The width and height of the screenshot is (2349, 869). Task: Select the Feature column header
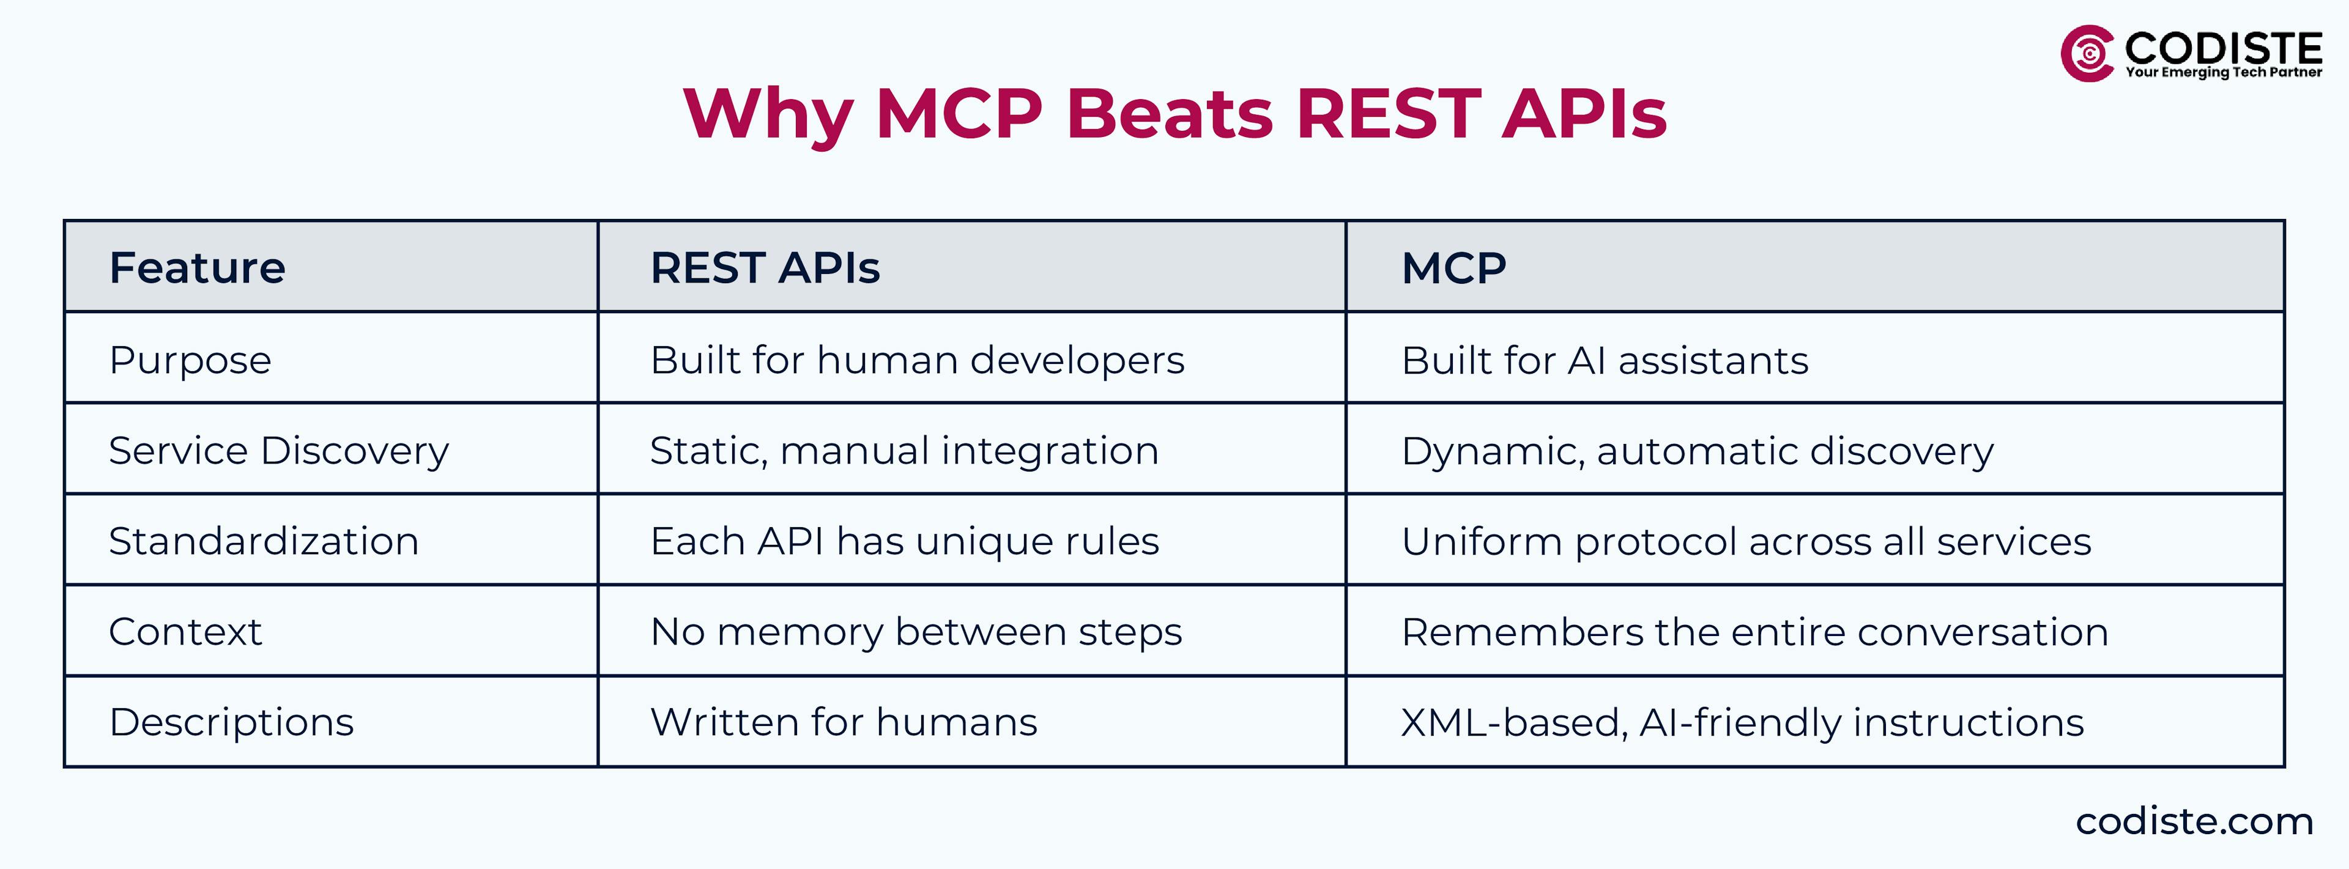pos(197,267)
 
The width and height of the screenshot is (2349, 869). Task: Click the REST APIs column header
pos(764,267)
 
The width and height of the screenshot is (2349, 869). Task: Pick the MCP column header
pos(1453,267)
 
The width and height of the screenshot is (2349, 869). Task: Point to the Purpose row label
pos(190,360)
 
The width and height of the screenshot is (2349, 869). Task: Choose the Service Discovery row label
pos(278,451)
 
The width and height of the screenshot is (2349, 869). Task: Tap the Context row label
pos(185,631)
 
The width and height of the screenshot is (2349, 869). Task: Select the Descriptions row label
pos(231,722)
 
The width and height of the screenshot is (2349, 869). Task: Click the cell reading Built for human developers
pos(916,360)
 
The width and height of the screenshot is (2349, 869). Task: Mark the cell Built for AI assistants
pos(1604,360)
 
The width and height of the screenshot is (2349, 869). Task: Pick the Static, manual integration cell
pos(904,451)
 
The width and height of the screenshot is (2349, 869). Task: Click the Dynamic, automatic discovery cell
pos(1697,451)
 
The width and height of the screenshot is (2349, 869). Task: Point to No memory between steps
pos(916,631)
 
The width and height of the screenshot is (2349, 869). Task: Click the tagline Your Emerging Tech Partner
pos(2223,72)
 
